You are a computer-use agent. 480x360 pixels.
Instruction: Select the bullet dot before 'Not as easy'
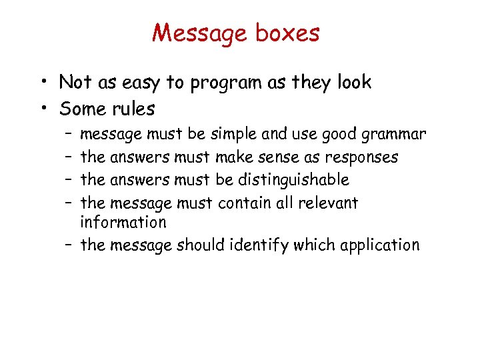coord(44,83)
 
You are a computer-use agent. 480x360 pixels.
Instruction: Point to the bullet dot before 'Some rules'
coord(44,109)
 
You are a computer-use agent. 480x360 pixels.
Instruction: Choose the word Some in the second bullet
coord(81,108)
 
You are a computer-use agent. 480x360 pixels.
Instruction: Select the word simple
coord(234,135)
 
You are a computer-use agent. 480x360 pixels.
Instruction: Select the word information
coord(123,222)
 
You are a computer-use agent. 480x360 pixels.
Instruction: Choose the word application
coord(379,246)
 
